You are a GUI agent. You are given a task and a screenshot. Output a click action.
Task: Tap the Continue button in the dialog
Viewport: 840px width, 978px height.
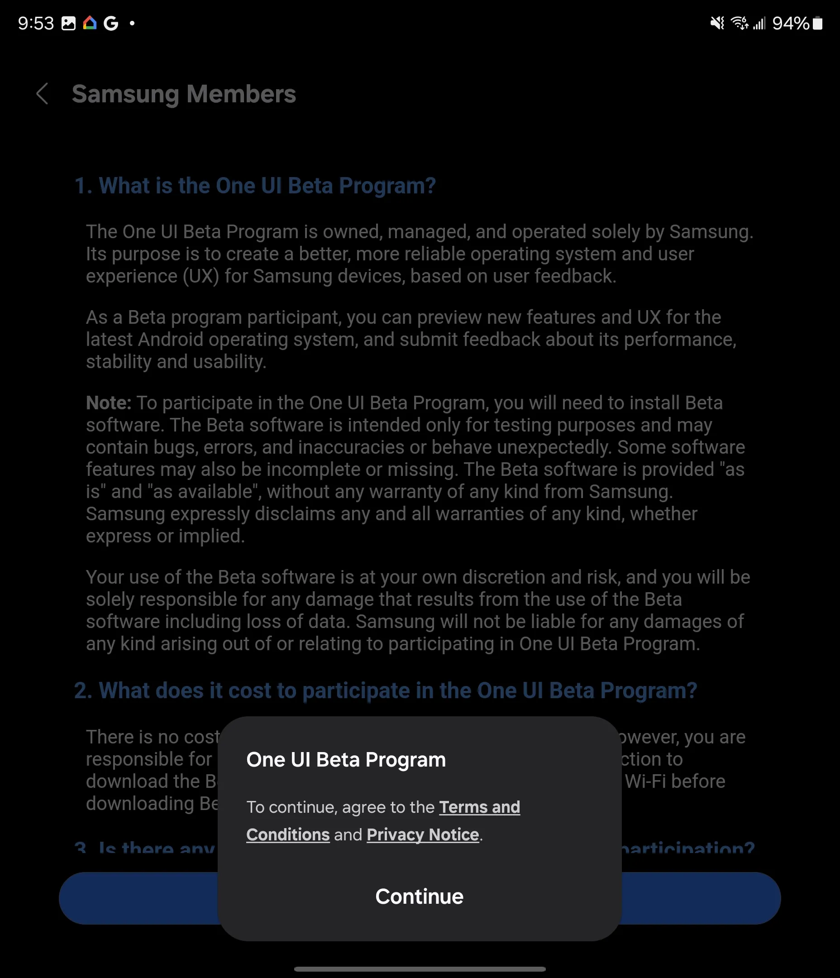coord(419,896)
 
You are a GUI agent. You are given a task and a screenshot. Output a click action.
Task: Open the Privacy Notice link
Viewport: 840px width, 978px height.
coord(423,834)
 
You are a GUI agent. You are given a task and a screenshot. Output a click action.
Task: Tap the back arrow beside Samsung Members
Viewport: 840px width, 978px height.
coord(43,93)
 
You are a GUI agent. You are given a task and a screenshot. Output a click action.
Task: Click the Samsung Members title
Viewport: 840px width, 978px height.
coord(184,94)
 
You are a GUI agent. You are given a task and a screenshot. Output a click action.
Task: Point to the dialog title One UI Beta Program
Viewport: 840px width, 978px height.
coord(346,759)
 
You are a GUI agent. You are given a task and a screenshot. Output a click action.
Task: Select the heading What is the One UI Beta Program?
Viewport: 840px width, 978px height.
coord(255,186)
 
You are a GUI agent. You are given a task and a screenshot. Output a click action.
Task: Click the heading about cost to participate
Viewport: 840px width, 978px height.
coord(386,690)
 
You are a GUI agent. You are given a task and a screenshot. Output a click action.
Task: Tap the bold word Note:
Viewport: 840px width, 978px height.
coord(109,403)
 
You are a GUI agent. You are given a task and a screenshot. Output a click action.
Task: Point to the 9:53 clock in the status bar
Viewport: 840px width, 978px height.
coord(36,23)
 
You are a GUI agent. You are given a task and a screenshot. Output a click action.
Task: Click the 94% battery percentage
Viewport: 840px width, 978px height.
coord(791,23)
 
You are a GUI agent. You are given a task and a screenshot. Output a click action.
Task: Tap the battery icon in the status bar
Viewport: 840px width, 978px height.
coord(818,23)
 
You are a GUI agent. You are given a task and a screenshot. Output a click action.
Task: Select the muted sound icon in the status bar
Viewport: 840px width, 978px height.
coord(717,23)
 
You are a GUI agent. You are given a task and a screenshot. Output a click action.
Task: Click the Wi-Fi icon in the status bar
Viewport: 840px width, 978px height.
coord(739,23)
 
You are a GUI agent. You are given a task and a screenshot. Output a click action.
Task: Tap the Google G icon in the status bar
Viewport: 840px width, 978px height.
coord(111,23)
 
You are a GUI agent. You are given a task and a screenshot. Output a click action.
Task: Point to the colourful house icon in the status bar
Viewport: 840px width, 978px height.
coord(90,23)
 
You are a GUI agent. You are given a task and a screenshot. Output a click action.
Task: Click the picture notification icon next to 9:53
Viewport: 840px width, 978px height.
coord(68,23)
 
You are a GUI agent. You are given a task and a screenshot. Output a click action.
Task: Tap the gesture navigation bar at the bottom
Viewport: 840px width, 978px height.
coord(420,968)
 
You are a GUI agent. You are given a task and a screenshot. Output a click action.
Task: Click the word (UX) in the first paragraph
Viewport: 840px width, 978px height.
coord(201,276)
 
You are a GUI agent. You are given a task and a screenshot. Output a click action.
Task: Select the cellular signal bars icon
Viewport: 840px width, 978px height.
coord(759,23)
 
